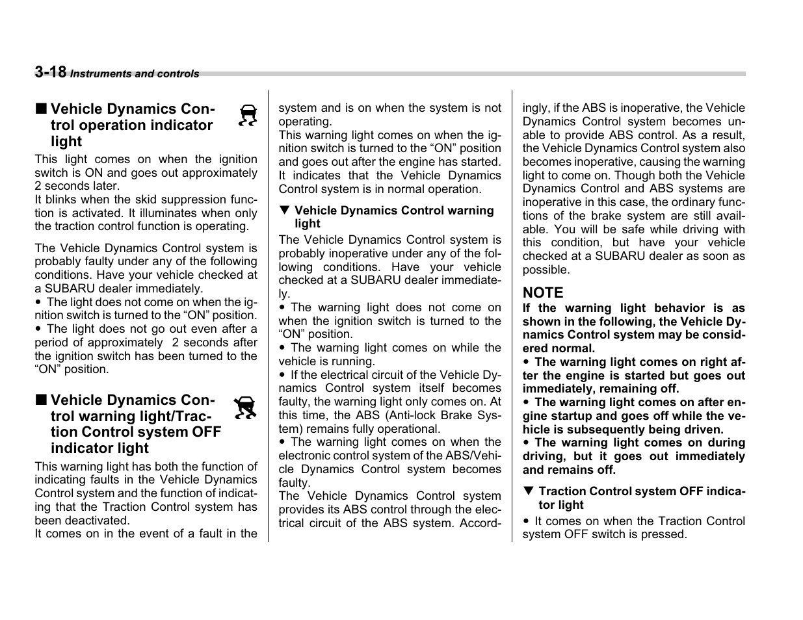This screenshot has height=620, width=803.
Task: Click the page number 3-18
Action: point(50,72)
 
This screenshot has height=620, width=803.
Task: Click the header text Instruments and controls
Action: point(135,74)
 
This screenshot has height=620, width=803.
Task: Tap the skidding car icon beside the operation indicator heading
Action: point(248,116)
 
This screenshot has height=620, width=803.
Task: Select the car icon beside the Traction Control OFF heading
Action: point(246,407)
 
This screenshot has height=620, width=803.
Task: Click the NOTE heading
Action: point(543,293)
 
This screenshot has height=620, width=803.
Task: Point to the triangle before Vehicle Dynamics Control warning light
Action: point(283,211)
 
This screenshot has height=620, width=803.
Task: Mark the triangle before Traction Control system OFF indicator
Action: point(528,491)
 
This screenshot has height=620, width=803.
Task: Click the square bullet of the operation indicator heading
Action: point(41,109)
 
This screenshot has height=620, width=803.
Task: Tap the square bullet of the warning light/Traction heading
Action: point(41,400)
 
